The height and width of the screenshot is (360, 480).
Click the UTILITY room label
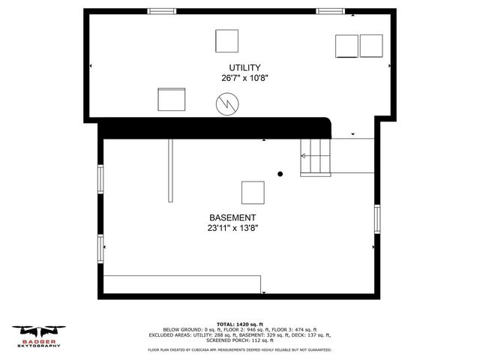(240, 67)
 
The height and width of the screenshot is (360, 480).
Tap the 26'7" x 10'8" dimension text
(244, 78)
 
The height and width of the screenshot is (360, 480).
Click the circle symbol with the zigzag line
(226, 103)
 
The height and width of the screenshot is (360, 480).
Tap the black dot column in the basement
(280, 174)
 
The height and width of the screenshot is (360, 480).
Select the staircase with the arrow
(315, 157)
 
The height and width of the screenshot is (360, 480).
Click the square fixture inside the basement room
(253, 193)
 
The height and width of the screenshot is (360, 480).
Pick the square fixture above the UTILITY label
(227, 40)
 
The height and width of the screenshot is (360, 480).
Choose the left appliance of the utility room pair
(346, 46)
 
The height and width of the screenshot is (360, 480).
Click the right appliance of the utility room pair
(371, 46)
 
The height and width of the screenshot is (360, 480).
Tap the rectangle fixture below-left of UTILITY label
(172, 99)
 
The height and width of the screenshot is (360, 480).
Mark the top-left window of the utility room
(161, 10)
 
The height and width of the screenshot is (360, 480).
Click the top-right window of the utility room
(328, 10)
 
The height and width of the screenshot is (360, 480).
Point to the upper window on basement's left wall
(100, 178)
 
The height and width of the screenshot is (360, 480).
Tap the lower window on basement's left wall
(100, 247)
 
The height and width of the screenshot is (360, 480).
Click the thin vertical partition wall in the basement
(170, 170)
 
